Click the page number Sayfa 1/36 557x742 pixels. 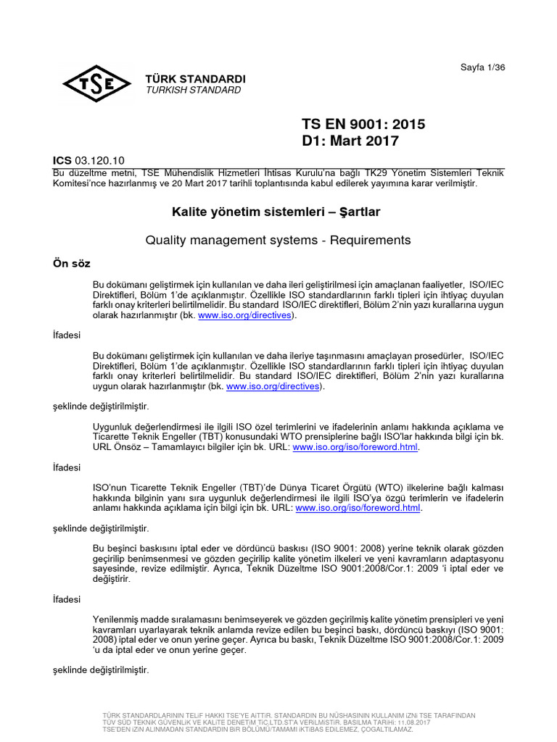coord(483,67)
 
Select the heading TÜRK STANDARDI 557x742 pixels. coord(196,79)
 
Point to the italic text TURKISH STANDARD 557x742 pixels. coord(194,91)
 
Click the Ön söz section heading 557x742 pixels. coord(71,262)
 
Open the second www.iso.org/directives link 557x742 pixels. coord(272,386)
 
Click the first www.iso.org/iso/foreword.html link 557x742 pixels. coord(356,447)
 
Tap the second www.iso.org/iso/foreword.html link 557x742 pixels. coord(358,508)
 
